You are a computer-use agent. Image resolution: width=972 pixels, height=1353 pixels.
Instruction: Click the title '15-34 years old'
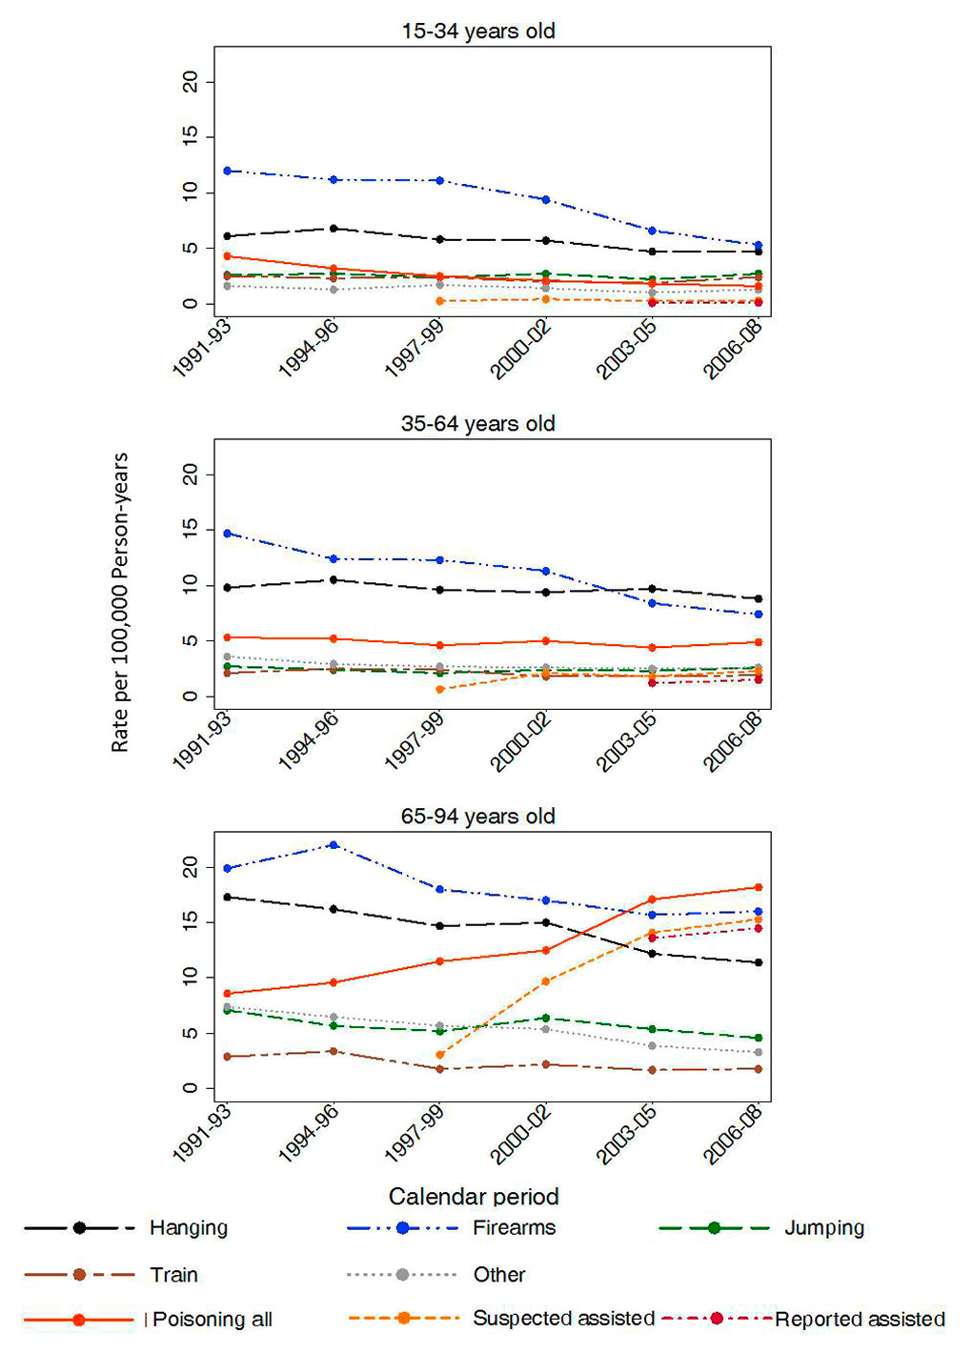tap(477, 31)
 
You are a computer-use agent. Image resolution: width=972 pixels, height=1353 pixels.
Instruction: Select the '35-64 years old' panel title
tap(477, 424)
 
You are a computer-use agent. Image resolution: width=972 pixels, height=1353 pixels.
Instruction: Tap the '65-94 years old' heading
tap(477, 817)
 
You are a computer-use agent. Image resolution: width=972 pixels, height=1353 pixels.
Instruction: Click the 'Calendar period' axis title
tap(474, 1197)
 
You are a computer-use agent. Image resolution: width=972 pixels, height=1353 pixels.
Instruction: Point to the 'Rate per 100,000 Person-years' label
tap(120, 602)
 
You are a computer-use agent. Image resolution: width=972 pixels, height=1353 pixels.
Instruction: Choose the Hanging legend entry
tap(188, 1228)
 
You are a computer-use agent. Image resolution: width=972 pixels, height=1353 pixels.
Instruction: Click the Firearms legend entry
tap(514, 1228)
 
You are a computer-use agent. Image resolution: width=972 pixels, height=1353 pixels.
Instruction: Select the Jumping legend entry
tap(824, 1228)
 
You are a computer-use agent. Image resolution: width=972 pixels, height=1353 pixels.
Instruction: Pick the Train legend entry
tap(173, 1275)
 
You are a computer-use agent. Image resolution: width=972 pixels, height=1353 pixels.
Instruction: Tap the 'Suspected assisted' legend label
tap(563, 1319)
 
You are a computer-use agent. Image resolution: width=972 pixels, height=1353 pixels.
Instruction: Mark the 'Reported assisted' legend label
tap(860, 1320)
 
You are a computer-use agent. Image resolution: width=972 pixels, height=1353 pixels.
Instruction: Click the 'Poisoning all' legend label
tap(212, 1320)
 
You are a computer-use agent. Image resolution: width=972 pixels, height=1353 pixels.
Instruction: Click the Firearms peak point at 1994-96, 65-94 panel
tap(334, 844)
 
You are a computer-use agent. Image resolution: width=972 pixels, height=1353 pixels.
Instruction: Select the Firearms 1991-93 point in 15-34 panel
tap(227, 171)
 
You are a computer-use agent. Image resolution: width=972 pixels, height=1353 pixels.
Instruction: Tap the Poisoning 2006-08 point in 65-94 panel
tap(759, 887)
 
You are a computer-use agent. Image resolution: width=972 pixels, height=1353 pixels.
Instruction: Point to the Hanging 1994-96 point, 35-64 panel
tap(334, 579)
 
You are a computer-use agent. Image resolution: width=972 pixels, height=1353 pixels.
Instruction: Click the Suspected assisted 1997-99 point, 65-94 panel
tap(439, 1055)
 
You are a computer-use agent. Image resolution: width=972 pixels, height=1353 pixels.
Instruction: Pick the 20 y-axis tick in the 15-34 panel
tap(192, 82)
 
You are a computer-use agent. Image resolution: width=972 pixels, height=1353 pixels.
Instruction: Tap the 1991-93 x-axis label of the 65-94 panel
tap(202, 1134)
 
